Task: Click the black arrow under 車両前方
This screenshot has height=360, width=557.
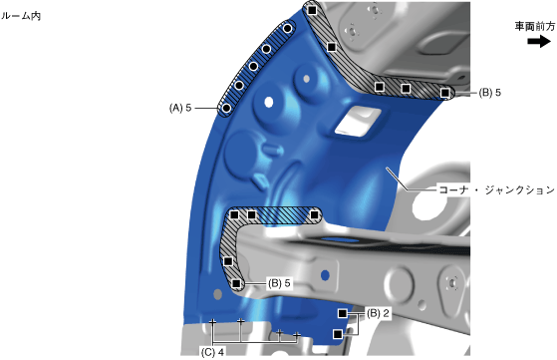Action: [539, 41]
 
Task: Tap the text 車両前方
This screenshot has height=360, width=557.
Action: [535, 27]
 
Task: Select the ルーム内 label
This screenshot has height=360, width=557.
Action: [21, 16]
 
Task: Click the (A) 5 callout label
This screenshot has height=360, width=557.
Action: [180, 108]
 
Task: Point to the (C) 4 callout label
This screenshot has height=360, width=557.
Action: [212, 352]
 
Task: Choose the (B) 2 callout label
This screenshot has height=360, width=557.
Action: [378, 313]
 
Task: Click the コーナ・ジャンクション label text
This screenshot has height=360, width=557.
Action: [496, 189]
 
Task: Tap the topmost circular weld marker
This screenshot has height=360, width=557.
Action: [287, 29]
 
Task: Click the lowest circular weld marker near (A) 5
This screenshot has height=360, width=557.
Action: [226, 108]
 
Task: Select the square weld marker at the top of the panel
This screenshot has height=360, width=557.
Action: [312, 10]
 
